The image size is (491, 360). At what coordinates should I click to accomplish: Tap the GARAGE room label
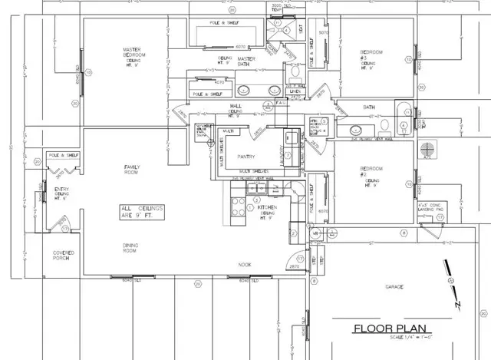pyautogui.click(x=394, y=287)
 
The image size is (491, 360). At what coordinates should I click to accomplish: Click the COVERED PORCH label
pyautogui.click(x=63, y=256)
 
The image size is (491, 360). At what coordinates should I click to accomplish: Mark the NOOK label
pyautogui.click(x=244, y=265)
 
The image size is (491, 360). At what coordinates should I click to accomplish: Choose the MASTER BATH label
pyautogui.click(x=246, y=59)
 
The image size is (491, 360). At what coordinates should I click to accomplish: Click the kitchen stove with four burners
pyautogui.click(x=236, y=206)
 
